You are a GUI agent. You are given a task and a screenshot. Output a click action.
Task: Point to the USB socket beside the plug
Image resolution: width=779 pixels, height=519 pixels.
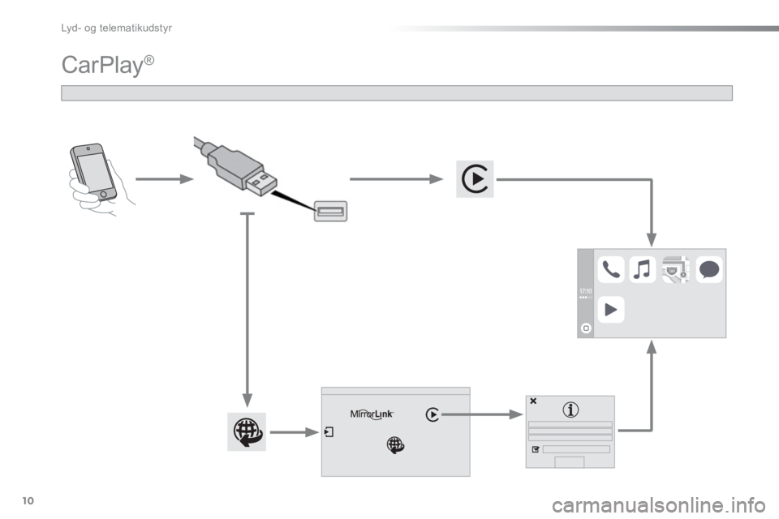[x=329, y=212]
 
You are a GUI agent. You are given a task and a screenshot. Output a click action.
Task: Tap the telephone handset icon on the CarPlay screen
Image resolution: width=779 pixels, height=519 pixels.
[x=611, y=269]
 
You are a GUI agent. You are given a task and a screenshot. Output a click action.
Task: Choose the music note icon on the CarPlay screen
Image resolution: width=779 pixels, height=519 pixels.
[x=643, y=269]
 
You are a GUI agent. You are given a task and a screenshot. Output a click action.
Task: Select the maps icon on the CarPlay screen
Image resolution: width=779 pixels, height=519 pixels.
[x=675, y=269]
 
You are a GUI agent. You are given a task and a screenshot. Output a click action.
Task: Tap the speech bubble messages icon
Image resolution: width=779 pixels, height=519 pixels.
[x=708, y=269]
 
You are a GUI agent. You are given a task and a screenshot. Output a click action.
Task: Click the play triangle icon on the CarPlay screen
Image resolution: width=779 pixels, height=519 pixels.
[x=611, y=310]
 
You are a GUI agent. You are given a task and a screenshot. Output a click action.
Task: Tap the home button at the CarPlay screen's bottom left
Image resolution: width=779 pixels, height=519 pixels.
[x=585, y=327]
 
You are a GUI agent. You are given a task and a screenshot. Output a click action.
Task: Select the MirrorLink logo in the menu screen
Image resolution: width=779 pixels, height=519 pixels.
[x=372, y=414]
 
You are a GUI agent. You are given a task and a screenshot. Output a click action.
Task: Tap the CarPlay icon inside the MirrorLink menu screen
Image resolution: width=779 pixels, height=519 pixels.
[x=433, y=414]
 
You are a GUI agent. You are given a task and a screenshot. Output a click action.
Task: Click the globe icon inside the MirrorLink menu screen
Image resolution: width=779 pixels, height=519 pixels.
[x=395, y=444]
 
